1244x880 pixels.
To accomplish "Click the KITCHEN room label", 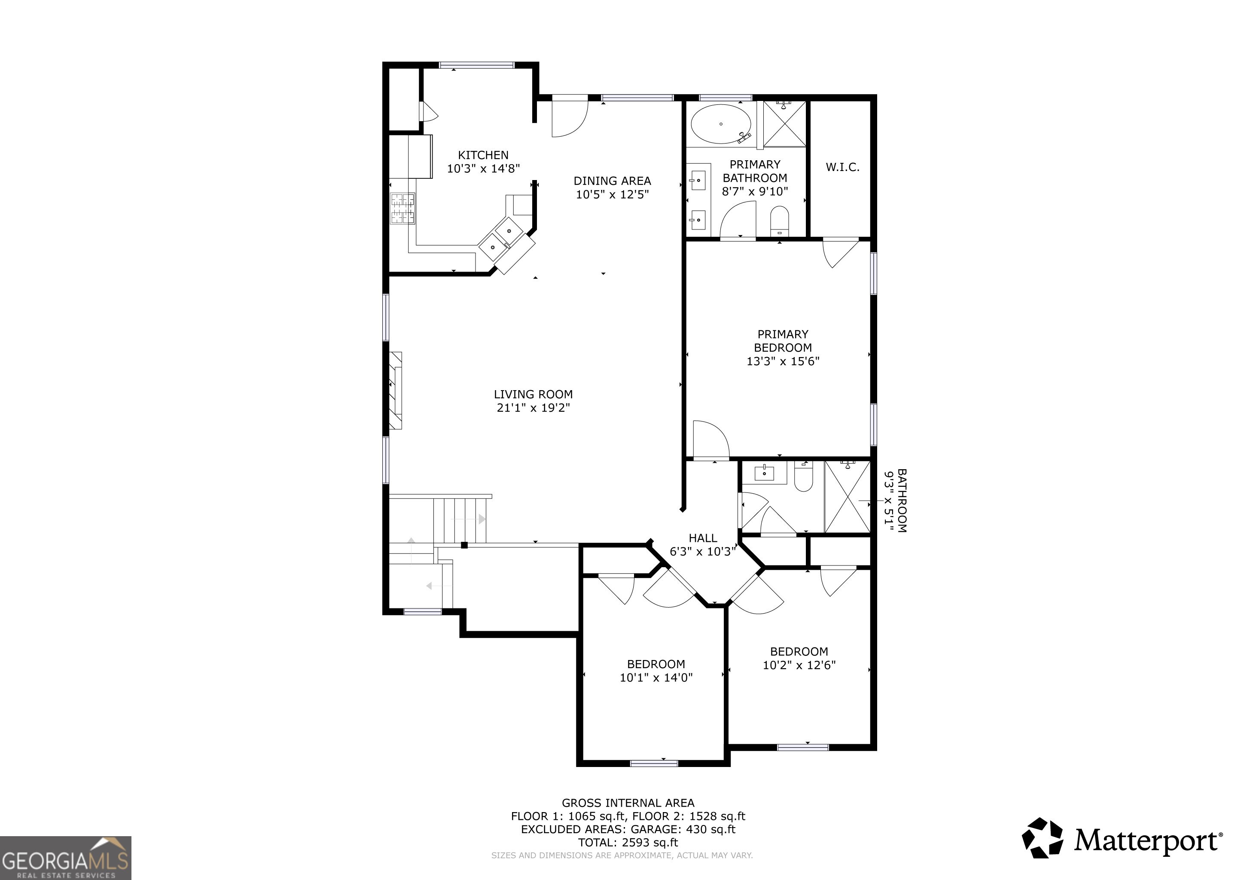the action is pyautogui.click(x=483, y=156).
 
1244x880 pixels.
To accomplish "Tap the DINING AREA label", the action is pyautogui.click(x=612, y=181).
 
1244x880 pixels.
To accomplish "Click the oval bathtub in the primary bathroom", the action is pyautogui.click(x=721, y=124).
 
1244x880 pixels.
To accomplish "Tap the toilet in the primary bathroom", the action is pyautogui.click(x=780, y=221).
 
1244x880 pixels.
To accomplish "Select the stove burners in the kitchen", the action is pyautogui.click(x=403, y=209).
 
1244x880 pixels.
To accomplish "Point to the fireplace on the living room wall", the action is pyautogui.click(x=396, y=391).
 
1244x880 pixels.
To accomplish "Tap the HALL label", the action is pyautogui.click(x=703, y=538).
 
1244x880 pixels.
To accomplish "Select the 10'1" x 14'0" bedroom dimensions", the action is pyautogui.click(x=656, y=677).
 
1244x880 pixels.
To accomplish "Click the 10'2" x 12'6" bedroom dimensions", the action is pyautogui.click(x=799, y=665).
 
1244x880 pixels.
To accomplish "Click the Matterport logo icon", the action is pyautogui.click(x=1043, y=838).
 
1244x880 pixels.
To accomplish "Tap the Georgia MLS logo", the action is pyautogui.click(x=66, y=858).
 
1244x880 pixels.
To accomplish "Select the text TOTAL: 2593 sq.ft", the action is pyautogui.click(x=628, y=843).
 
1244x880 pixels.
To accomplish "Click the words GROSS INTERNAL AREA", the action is pyautogui.click(x=628, y=803).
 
